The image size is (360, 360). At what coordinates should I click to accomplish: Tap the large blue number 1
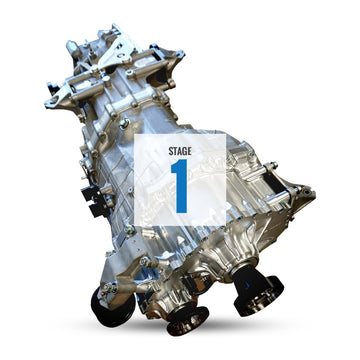click(x=180, y=186)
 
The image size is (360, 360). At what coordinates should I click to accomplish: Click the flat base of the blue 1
click(x=181, y=210)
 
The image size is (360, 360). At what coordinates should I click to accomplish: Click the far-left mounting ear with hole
click(x=52, y=100)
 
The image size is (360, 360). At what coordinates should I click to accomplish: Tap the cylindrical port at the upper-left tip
click(x=73, y=48)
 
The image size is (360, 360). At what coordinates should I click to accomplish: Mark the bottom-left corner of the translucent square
click(x=136, y=231)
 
